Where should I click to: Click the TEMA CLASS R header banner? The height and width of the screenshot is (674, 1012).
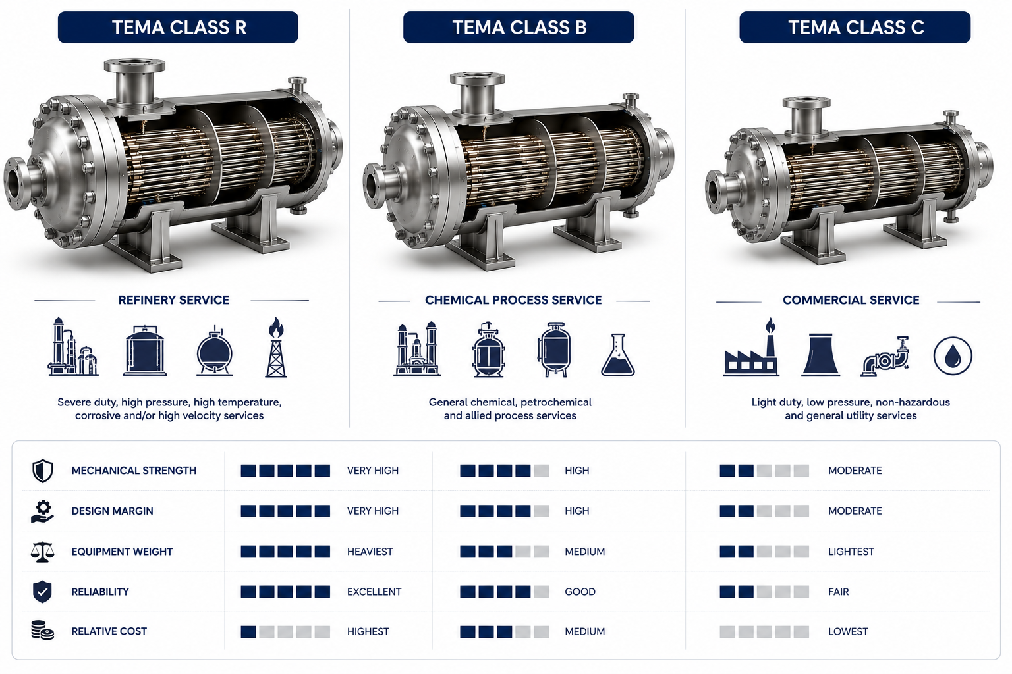click(x=178, y=28)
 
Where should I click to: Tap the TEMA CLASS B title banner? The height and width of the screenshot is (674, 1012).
click(x=519, y=28)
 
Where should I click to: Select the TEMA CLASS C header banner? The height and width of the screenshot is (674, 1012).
click(x=855, y=28)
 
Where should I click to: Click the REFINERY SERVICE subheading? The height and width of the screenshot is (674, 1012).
click(x=173, y=300)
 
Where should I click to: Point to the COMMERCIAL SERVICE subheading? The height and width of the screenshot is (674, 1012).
click(x=851, y=300)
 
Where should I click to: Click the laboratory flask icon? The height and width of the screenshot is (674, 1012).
click(x=617, y=355)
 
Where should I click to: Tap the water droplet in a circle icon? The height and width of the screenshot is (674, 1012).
click(x=953, y=355)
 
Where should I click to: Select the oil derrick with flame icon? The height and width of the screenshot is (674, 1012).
click(x=276, y=347)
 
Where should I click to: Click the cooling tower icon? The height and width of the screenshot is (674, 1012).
click(x=820, y=355)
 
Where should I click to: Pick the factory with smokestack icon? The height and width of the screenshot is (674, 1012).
click(x=751, y=347)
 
